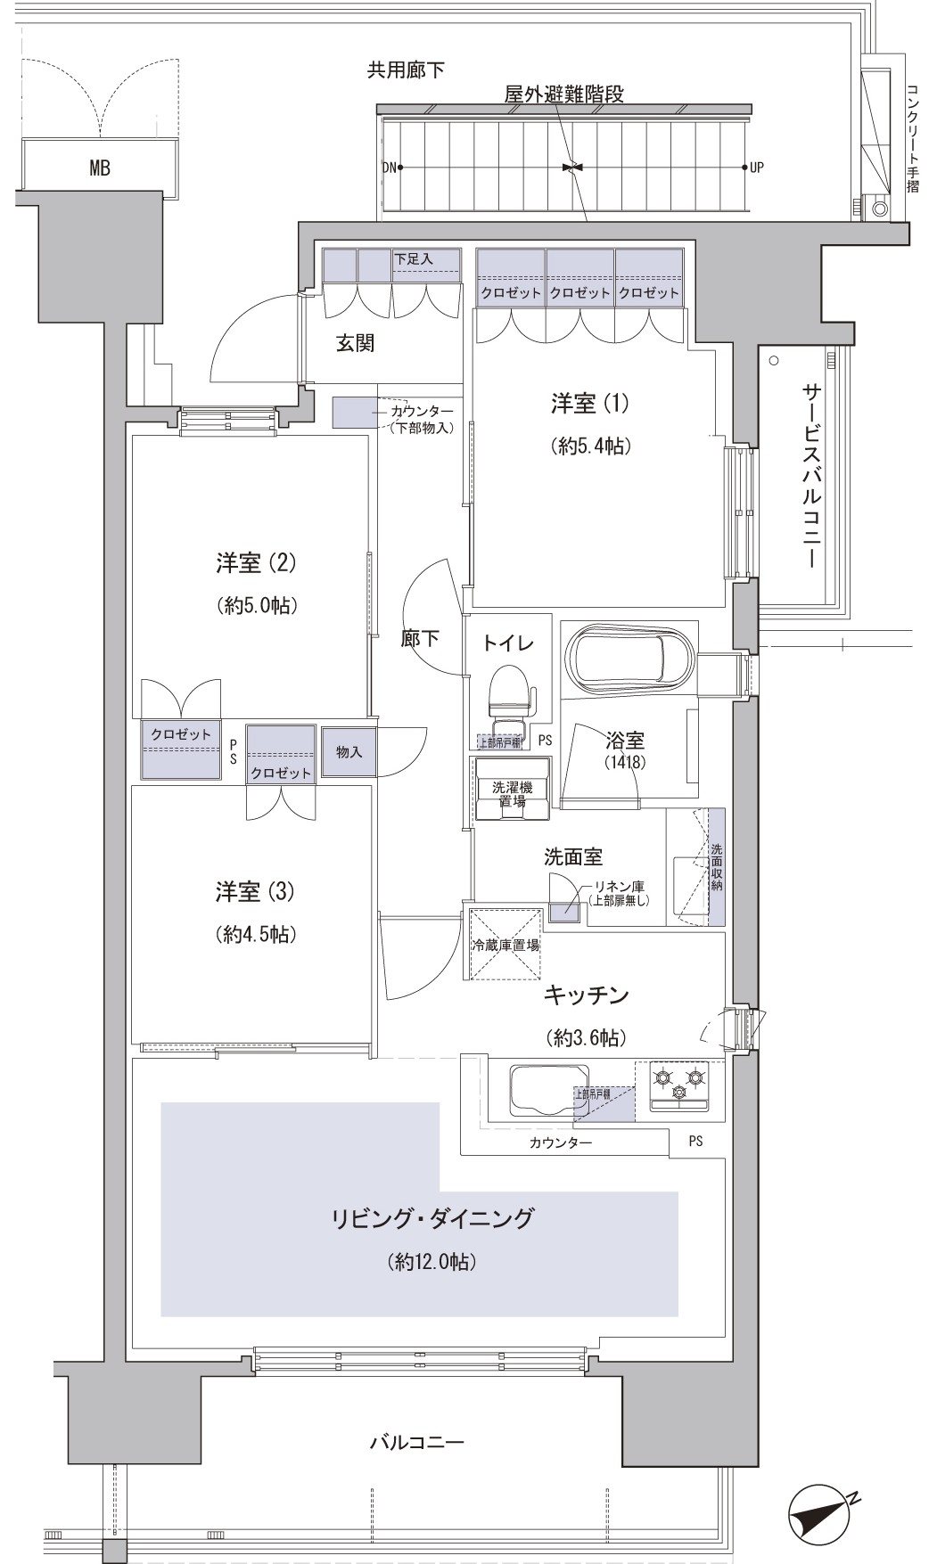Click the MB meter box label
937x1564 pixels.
click(99, 168)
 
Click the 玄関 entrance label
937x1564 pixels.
click(354, 344)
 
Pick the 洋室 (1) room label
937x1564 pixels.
click(589, 404)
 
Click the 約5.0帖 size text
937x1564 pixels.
click(256, 606)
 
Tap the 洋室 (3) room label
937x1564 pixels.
click(255, 891)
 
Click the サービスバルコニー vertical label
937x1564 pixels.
click(810, 476)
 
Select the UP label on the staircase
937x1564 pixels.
click(757, 168)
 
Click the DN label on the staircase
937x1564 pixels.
click(389, 168)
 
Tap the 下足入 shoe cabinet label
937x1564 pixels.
click(413, 258)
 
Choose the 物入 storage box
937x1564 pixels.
click(349, 752)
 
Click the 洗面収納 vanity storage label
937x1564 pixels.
click(716, 867)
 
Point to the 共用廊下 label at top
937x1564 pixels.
click(406, 70)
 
